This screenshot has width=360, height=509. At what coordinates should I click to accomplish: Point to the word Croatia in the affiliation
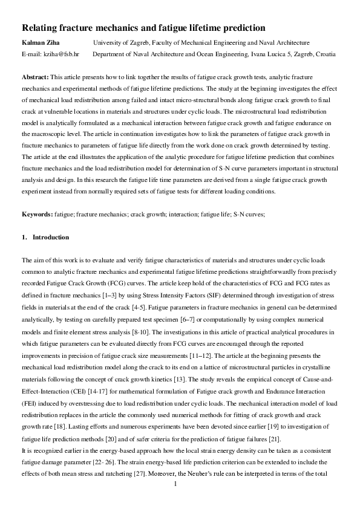[x=324, y=54]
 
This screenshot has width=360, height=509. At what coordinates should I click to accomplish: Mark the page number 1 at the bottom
[x=175, y=501]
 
